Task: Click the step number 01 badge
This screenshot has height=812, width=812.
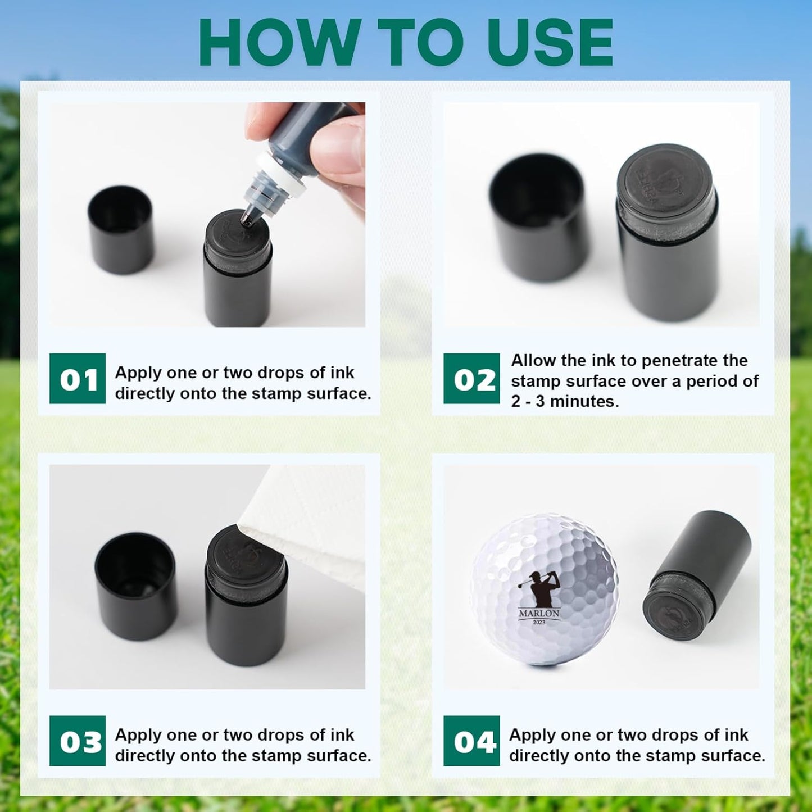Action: point(78,378)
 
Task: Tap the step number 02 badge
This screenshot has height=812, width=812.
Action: point(471,378)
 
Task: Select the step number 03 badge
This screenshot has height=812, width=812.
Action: point(78,741)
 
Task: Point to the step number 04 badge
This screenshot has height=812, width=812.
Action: point(471,741)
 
